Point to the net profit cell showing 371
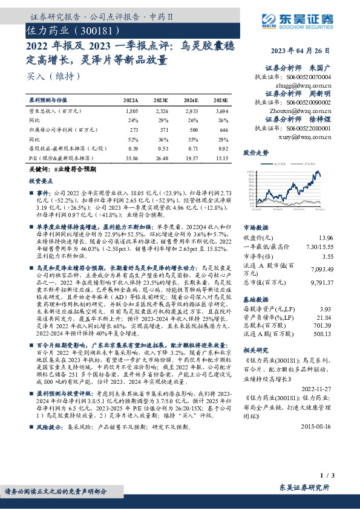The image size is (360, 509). pos(162,129)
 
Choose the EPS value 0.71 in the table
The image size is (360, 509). pos(192,148)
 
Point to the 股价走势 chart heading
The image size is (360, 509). pos(255,154)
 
